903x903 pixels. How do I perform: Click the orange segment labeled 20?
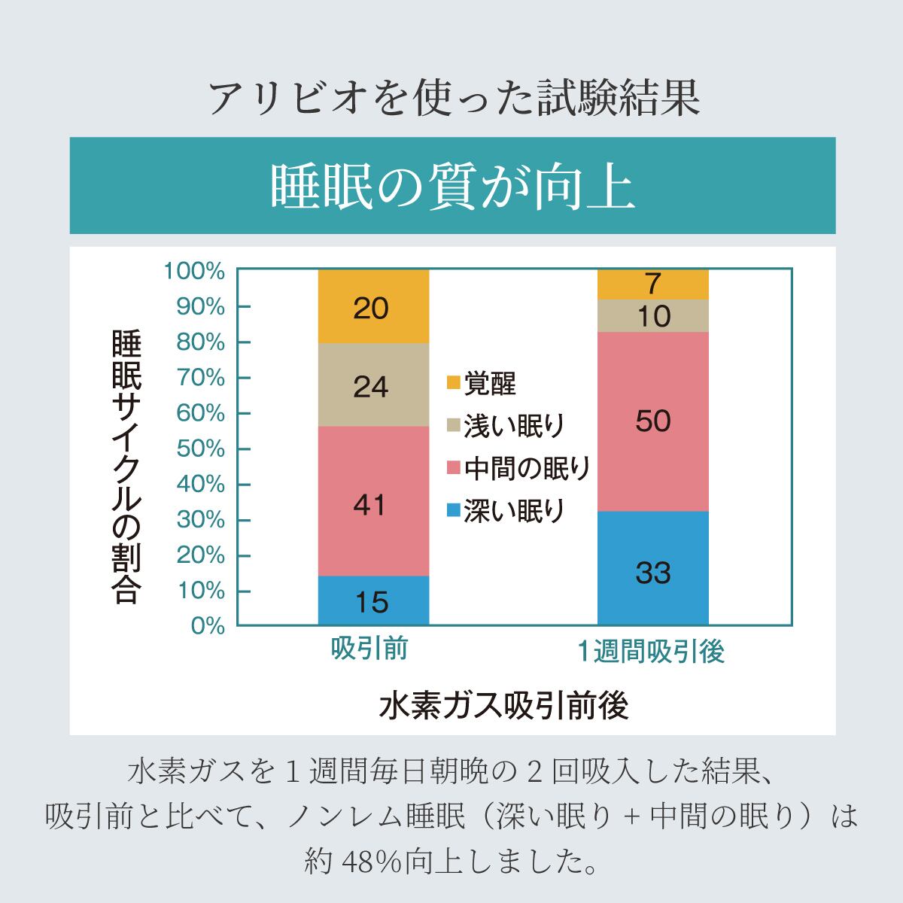tap(373, 307)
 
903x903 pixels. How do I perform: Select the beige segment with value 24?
tap(373, 385)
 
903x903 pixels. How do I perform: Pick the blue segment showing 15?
tap(373, 600)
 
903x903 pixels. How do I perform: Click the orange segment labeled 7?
tap(652, 284)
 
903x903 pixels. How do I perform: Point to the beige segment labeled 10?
tap(652, 316)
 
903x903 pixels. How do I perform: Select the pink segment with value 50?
tap(652, 421)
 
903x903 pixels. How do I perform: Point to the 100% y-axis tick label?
tap(194, 272)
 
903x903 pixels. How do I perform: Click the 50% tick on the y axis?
tap(200, 449)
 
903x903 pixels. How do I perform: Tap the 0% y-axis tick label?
tap(208, 626)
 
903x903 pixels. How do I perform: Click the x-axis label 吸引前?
tap(369, 649)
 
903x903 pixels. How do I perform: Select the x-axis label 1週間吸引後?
tap(651, 651)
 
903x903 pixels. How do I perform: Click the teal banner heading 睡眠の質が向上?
tap(452, 186)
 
